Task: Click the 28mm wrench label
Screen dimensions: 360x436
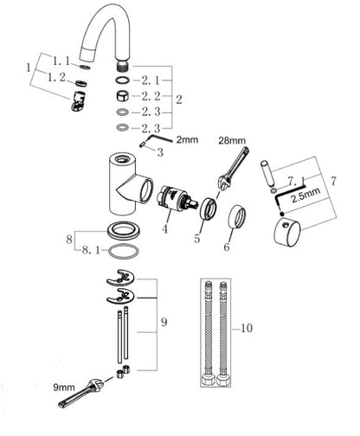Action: tap(232, 141)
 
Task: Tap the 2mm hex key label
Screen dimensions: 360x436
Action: tap(187, 140)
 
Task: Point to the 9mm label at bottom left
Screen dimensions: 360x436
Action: tap(64, 388)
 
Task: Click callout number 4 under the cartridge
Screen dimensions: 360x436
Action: tap(164, 229)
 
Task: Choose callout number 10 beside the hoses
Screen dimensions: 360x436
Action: tap(247, 328)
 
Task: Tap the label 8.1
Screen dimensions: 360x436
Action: tap(91, 250)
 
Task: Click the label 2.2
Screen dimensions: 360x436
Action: tap(151, 96)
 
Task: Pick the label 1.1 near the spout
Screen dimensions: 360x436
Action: tap(61, 61)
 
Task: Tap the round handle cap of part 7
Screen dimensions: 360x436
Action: tap(287, 233)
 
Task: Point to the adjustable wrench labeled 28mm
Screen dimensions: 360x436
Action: tap(232, 169)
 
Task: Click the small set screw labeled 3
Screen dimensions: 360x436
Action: tap(143, 144)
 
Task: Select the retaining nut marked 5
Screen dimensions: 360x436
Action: tap(208, 208)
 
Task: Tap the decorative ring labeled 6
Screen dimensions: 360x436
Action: tap(237, 216)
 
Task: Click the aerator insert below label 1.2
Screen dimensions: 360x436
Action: tap(78, 101)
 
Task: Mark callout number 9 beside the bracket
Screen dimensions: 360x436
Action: tap(164, 322)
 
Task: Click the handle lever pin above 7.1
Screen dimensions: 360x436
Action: tap(267, 173)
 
